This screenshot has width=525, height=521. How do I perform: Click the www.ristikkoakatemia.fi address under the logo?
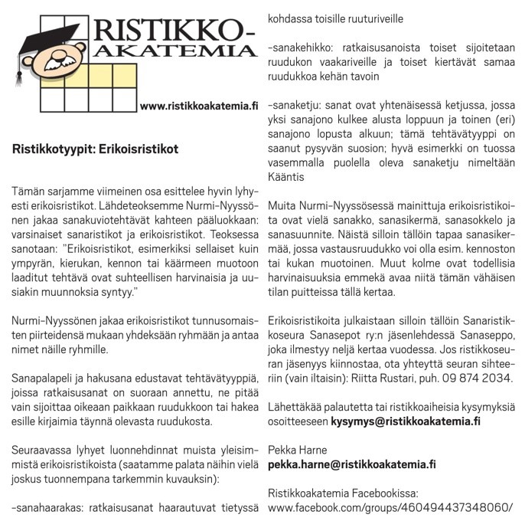tap(199, 106)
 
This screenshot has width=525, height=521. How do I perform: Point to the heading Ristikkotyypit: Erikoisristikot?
tap(95, 149)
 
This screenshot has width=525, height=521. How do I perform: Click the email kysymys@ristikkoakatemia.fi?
tap(406, 421)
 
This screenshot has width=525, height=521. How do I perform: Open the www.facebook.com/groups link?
tap(390, 508)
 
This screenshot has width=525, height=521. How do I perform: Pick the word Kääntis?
tap(287, 176)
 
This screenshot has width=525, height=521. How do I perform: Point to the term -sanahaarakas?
tap(51, 508)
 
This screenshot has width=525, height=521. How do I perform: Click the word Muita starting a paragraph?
tap(282, 205)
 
